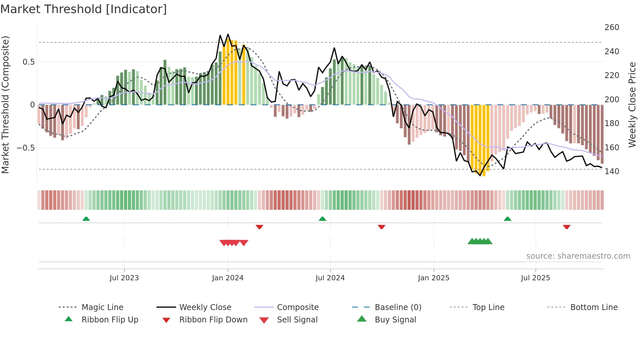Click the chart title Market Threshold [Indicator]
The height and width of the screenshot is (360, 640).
click(x=84, y=9)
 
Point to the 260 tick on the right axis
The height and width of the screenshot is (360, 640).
click(x=612, y=27)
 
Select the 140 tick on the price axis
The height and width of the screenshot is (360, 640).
click(x=612, y=172)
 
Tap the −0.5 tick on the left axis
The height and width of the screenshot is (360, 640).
click(x=26, y=148)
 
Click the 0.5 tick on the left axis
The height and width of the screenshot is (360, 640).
click(x=28, y=62)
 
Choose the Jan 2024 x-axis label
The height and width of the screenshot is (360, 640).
click(x=228, y=278)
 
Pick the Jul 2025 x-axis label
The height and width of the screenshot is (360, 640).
click(x=535, y=278)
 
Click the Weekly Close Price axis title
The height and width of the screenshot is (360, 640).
click(x=632, y=105)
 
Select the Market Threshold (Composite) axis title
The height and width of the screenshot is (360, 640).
click(x=5, y=105)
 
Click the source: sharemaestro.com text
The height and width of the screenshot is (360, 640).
click(x=578, y=256)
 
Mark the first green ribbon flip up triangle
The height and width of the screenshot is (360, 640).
click(x=86, y=219)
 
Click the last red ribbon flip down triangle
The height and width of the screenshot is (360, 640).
click(x=567, y=227)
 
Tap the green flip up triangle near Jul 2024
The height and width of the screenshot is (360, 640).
click(x=322, y=219)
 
